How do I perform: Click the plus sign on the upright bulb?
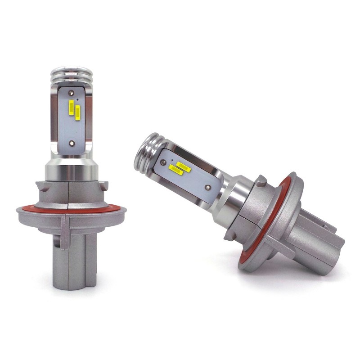78,99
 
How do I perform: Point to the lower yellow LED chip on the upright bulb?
78,112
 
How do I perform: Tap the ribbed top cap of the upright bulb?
72,75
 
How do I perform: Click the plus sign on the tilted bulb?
171,160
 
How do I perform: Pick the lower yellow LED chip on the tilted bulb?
175,170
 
